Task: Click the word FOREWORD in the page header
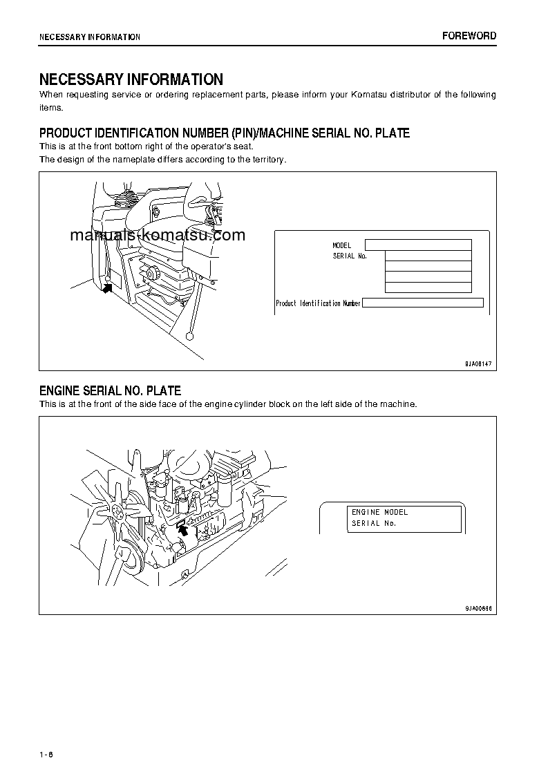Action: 469,36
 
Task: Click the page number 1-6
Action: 46,734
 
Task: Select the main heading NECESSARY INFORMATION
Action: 131,79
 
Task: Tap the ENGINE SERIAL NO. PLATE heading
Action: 110,391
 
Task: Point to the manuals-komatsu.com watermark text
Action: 158,235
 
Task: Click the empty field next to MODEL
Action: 418,245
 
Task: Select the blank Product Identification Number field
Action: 422,303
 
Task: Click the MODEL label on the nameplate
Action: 342,245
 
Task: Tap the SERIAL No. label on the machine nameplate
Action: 350,256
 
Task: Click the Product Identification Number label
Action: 318,303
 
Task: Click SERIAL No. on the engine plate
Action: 373,523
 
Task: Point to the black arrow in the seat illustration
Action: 107,287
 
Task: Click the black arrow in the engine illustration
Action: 182,529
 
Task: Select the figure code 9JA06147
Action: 478,363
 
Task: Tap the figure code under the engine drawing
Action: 478,608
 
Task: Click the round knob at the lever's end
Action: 189,337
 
